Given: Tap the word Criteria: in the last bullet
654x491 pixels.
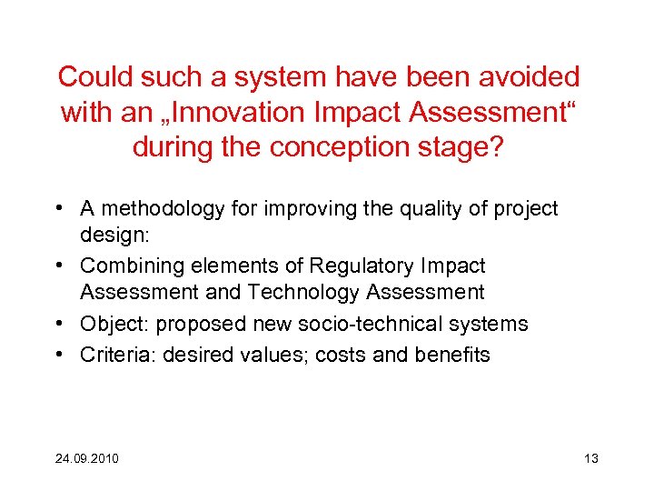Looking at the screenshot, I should point(117,355).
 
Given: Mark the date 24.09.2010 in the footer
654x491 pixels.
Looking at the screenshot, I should point(87,457).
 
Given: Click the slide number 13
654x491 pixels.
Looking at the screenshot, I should point(590,457).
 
